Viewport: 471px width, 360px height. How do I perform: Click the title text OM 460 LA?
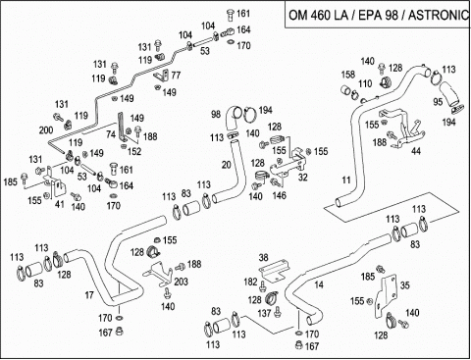[x=319, y=15]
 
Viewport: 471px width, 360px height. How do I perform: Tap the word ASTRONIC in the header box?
[x=439, y=15]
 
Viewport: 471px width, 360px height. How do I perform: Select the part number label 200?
[x=46, y=129]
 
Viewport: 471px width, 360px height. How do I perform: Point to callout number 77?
[x=176, y=76]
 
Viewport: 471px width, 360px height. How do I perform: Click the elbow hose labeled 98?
[x=234, y=118]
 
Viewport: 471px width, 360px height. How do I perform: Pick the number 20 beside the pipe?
[x=227, y=165]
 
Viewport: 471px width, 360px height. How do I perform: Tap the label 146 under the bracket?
[x=279, y=195]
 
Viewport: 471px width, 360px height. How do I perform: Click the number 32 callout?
[x=303, y=177]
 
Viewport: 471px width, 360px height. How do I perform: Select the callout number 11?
[x=346, y=180]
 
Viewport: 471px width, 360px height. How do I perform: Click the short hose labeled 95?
[x=449, y=95]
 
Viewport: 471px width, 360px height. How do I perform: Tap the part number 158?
[x=348, y=74]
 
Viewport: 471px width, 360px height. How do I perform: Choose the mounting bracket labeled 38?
[x=274, y=270]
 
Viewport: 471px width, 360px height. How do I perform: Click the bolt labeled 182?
[x=262, y=286]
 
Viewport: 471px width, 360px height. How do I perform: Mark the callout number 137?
[x=264, y=313]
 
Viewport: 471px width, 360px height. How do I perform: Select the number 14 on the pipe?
[x=319, y=284]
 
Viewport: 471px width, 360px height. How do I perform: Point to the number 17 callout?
[x=89, y=295]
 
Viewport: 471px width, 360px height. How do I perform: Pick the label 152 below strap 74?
[x=134, y=151]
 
